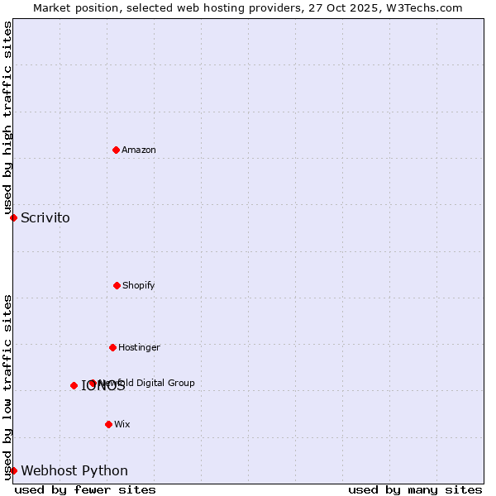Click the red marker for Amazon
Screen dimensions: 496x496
[116, 150]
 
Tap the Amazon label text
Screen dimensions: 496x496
[139, 150]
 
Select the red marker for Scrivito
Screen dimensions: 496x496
[13, 217]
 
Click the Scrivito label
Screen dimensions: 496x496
[45, 218]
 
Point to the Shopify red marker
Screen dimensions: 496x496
[117, 285]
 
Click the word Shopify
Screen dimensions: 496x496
[139, 285]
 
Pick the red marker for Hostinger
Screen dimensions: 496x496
[112, 347]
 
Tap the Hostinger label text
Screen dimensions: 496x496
[139, 347]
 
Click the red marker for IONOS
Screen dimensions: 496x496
[74, 385]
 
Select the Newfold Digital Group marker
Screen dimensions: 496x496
[92, 383]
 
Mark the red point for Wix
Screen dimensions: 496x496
[108, 424]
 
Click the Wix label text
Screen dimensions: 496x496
[122, 424]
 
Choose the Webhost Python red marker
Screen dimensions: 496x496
[13, 470]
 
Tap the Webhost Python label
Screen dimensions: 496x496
[74, 471]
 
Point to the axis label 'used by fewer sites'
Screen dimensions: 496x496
[85, 489]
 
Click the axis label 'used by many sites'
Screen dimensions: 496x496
[415, 489]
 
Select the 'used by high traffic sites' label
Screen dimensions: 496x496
[7, 117]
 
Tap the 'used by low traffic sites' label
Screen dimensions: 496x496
[7, 386]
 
